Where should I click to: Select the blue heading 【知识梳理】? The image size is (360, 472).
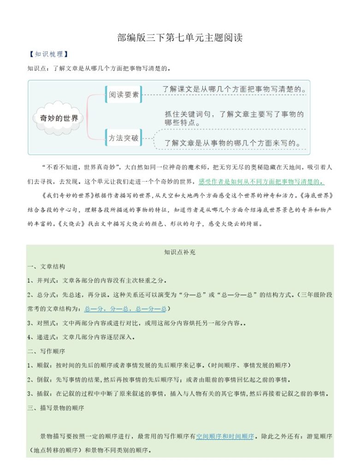point(48,54)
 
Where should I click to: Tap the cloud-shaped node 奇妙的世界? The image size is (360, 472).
point(59,118)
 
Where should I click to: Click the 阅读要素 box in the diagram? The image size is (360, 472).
point(124,94)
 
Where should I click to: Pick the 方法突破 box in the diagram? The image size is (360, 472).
point(124,138)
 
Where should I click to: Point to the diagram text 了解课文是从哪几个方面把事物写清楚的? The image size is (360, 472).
point(234,89)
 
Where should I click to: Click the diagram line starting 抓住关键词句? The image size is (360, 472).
point(234,114)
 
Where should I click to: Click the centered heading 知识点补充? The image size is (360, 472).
point(180,252)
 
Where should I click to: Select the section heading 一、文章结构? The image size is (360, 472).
point(46,266)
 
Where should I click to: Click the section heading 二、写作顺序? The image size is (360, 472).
point(46,351)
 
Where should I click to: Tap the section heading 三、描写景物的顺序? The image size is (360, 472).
point(55,408)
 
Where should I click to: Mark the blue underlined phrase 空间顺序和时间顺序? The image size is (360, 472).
point(225,436)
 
